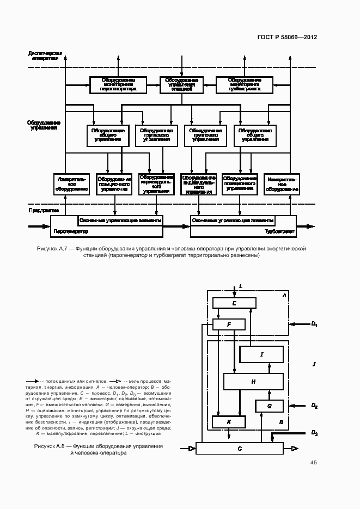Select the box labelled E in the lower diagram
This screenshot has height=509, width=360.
(234, 303)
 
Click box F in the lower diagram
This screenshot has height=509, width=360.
(229, 325)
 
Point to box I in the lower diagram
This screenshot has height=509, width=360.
(261, 354)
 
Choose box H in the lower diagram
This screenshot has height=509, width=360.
(253, 382)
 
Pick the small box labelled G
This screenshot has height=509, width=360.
(270, 406)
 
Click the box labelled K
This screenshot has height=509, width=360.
(229, 422)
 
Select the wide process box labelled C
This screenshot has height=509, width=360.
(239, 448)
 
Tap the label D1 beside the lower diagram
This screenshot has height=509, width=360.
(314, 324)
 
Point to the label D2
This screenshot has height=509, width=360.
(314, 406)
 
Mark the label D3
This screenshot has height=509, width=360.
(314, 433)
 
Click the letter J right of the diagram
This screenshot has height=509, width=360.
(314, 364)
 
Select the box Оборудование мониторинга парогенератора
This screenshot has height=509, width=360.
(118, 84)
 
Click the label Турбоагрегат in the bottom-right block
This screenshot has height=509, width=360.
(279, 231)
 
